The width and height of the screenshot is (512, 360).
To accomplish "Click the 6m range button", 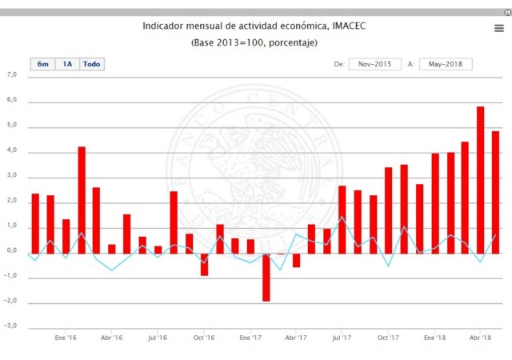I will (42, 64).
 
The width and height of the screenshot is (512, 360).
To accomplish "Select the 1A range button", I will (67, 64).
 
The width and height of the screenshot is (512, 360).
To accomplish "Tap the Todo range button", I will (92, 64).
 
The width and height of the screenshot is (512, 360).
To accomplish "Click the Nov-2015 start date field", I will (374, 64).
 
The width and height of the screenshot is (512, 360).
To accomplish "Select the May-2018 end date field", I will (446, 64).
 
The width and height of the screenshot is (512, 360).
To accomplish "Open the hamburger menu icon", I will (498, 28).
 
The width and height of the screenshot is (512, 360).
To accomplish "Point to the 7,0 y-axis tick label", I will (11, 75).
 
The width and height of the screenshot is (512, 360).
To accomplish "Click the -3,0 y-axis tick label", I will (11, 327).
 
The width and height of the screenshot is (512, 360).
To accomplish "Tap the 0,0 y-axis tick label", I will (11, 252).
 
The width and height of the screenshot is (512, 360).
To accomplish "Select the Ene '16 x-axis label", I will (66, 338).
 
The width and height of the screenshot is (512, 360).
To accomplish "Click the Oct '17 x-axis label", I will (388, 338).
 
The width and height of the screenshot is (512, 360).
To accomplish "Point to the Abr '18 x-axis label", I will (480, 338).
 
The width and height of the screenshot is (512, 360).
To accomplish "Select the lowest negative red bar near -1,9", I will (266, 278).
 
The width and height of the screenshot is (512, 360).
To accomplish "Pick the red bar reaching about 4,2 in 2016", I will (82, 200).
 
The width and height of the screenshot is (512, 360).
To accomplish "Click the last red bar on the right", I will (495, 192).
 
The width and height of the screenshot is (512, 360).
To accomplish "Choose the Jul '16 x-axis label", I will (158, 338).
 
